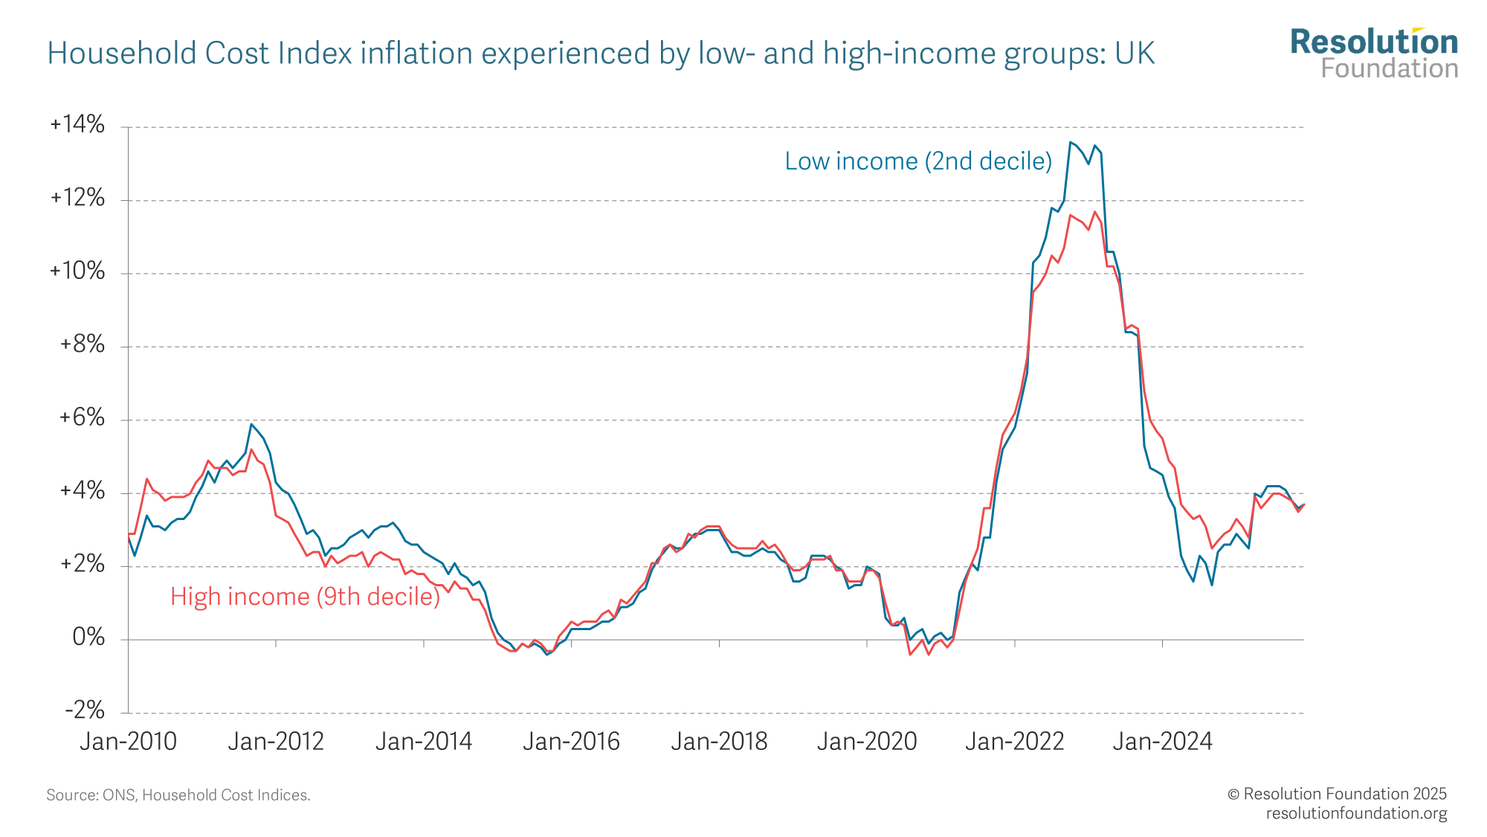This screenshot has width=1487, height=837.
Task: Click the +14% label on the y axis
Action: [77, 124]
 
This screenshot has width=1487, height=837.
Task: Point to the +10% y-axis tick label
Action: [77, 271]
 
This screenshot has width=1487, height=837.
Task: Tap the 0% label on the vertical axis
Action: [88, 638]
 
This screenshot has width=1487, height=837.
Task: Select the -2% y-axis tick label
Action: [85, 711]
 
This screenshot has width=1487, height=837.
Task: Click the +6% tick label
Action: [82, 417]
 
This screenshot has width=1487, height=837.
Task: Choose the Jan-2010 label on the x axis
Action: [129, 742]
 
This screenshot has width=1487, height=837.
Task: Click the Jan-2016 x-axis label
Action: [571, 742]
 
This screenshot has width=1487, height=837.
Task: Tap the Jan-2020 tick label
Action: [867, 742]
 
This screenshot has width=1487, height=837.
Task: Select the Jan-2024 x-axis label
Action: [1162, 742]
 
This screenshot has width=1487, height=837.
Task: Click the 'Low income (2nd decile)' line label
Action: [918, 161]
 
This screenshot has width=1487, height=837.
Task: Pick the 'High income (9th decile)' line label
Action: [305, 597]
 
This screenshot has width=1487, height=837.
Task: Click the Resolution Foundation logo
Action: [1374, 53]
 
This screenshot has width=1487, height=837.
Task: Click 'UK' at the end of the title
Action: [1135, 54]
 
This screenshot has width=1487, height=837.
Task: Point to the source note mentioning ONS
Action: [178, 795]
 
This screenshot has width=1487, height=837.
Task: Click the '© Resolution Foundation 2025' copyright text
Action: [1337, 794]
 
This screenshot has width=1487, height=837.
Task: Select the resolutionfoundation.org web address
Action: [1356, 813]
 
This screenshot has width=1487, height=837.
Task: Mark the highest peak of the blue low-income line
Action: [1070, 142]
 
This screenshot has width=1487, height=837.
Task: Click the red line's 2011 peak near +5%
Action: [251, 449]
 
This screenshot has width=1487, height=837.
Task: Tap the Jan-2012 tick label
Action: [276, 742]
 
